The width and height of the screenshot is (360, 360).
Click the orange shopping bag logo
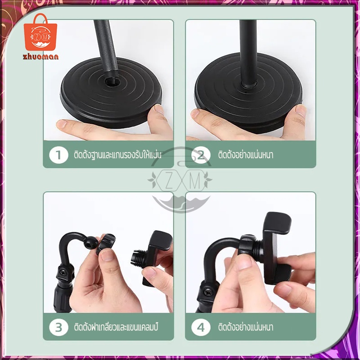pyautogui.click(x=40, y=32)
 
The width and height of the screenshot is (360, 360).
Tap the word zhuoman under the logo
pyautogui.click(x=40, y=57)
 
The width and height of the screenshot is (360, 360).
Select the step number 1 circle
pyautogui.click(x=58, y=155)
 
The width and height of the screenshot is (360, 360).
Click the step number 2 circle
pyautogui.click(x=201, y=155)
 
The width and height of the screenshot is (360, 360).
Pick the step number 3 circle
pyautogui.click(x=58, y=327)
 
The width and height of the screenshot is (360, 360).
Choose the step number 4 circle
pyautogui.click(x=201, y=327)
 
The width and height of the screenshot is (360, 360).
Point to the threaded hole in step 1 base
pyautogui.click(x=112, y=81)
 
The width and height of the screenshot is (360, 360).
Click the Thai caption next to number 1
pyautogui.click(x=117, y=154)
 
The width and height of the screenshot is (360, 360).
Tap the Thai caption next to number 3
pyautogui.click(x=116, y=327)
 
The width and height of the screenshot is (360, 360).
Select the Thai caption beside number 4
pyautogui.click(x=246, y=327)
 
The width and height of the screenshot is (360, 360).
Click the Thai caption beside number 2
pyautogui.click(x=246, y=154)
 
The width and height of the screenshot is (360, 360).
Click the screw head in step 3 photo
pyautogui.click(x=63, y=273)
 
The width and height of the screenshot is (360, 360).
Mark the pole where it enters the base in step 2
pyautogui.click(x=249, y=84)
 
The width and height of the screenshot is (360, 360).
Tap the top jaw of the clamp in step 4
pyautogui.click(x=278, y=223)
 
